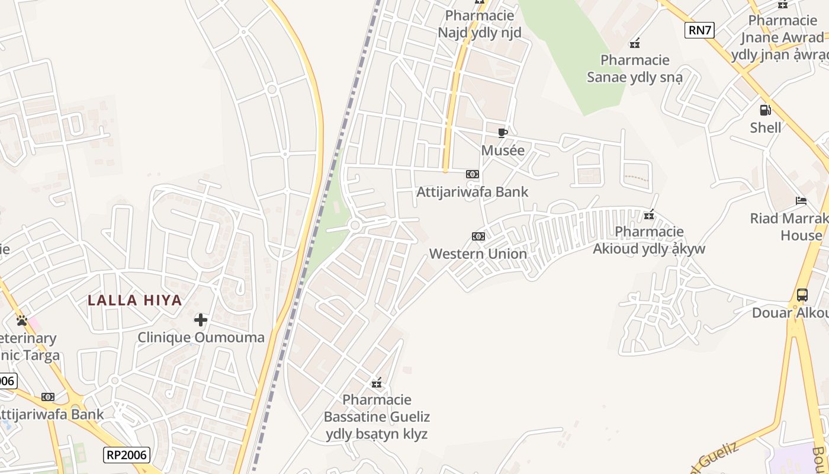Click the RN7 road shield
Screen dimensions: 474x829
coord(699,30)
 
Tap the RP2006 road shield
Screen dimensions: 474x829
coord(127,454)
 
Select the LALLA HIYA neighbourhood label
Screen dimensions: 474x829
coord(135,300)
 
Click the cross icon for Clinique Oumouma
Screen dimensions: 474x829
coord(201,320)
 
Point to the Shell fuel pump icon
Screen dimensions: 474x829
coord(765,110)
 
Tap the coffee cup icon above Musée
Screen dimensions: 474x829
coord(502,133)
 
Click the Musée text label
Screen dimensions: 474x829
coord(503,150)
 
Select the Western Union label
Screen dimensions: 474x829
coord(478,254)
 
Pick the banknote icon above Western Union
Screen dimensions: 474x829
coord(478,236)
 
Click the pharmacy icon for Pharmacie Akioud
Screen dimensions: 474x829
coord(649,214)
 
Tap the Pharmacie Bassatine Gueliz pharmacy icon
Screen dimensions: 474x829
coord(376,383)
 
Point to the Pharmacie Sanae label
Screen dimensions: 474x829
coord(635,68)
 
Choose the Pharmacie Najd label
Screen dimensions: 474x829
coord(480,24)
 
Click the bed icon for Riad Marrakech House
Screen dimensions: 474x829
coord(801,201)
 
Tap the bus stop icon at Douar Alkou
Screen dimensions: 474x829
coord(802,294)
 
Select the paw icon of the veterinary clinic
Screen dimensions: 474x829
coord(23,321)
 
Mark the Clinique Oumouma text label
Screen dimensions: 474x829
coord(201,337)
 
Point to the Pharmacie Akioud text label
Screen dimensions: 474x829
coord(649,239)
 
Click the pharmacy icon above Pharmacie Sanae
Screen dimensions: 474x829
coord(635,43)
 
